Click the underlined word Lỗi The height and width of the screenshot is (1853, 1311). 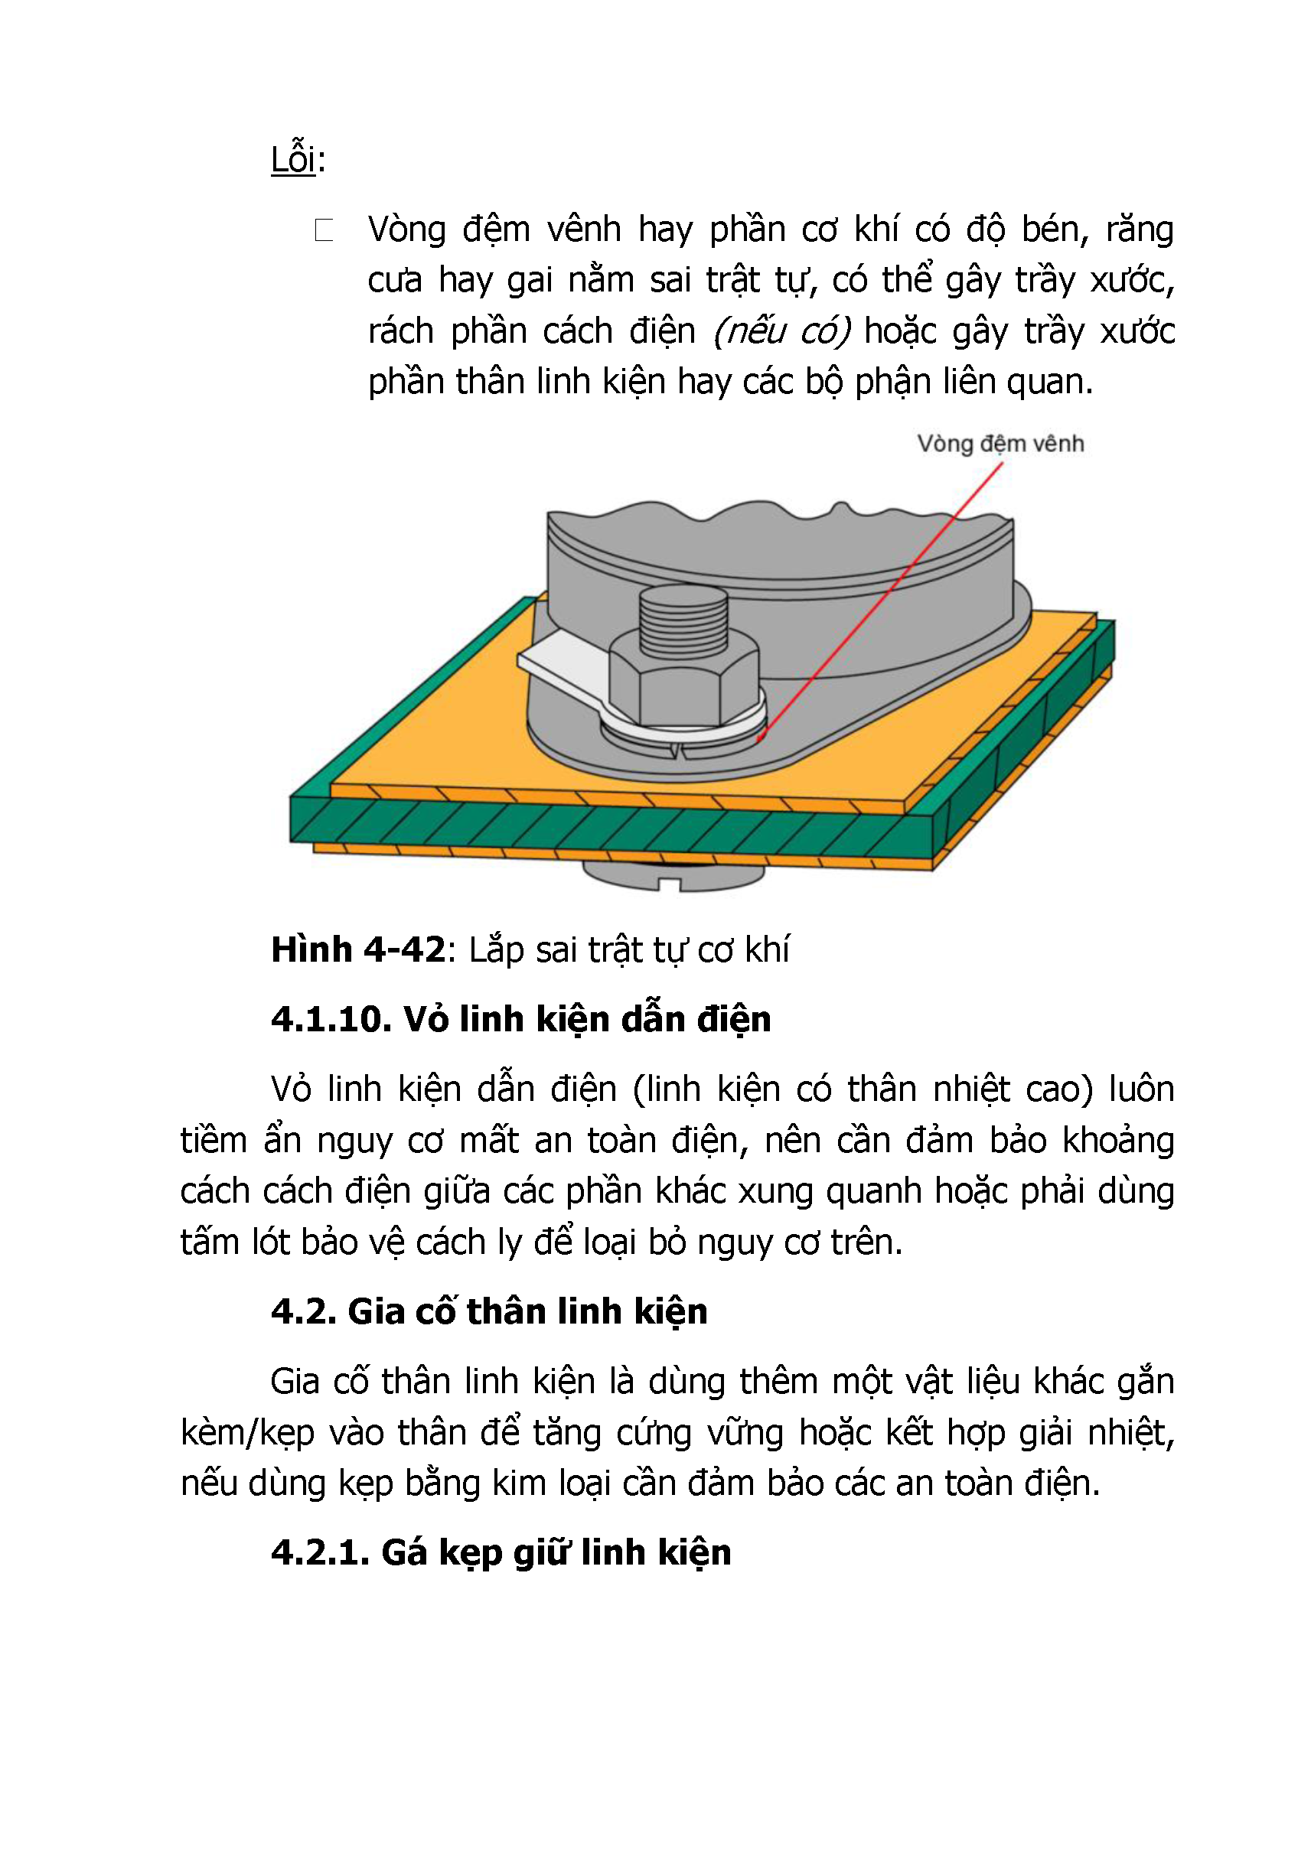point(294,159)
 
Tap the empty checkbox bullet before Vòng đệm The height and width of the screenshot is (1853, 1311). point(324,231)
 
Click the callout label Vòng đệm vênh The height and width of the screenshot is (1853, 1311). point(1000,444)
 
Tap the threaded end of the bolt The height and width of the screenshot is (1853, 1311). point(683,621)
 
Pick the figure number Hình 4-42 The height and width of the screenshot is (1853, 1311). point(357,950)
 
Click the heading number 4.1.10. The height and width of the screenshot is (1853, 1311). point(331,1019)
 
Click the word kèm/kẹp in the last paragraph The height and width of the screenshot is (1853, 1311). point(247,1433)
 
